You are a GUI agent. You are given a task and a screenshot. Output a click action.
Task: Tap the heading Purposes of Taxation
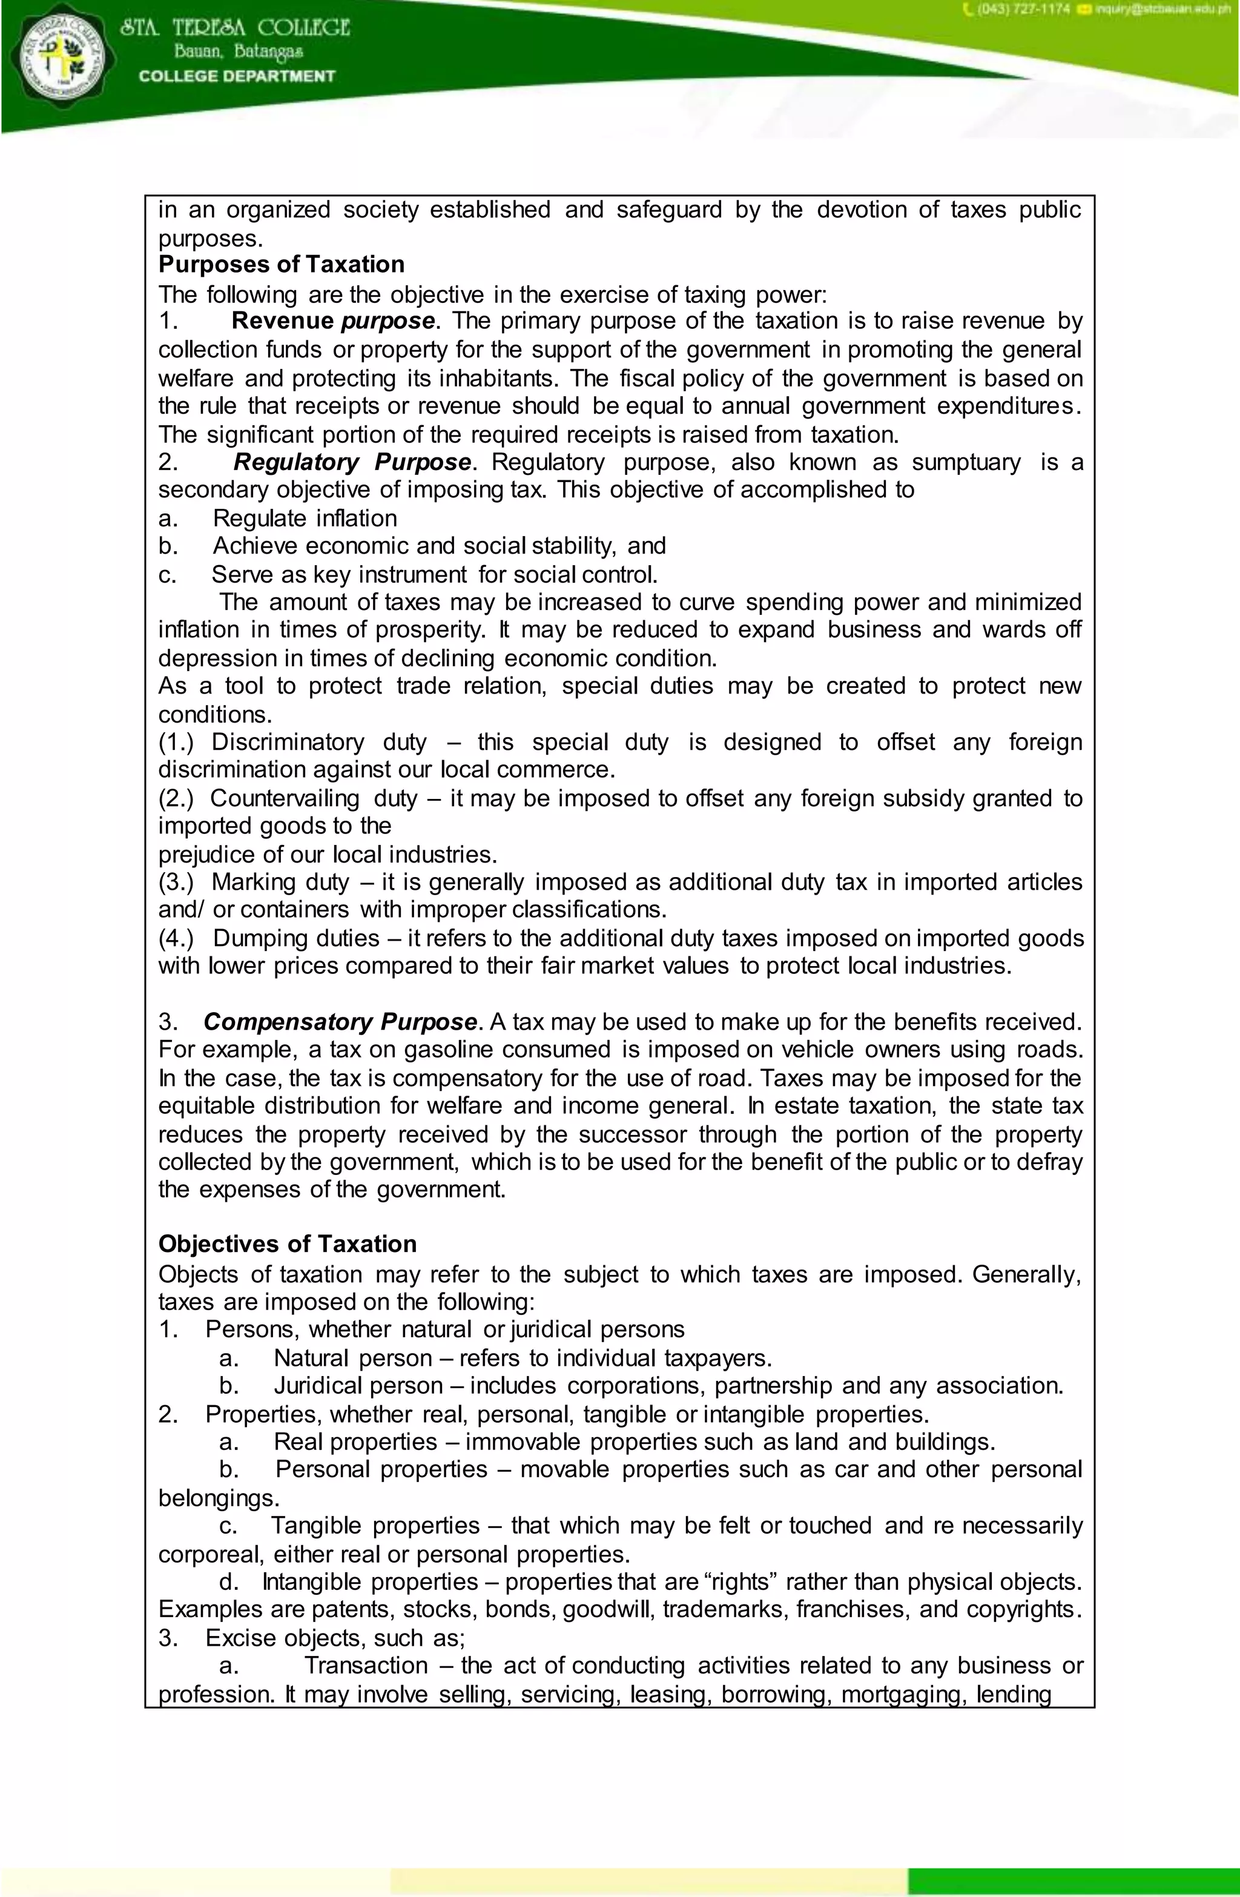[x=282, y=265]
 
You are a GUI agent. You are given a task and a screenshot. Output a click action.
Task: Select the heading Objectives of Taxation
[x=288, y=1244]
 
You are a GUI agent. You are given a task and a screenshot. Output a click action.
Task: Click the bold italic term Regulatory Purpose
[x=352, y=462]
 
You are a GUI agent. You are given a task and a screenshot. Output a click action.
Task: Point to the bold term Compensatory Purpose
[x=340, y=1022]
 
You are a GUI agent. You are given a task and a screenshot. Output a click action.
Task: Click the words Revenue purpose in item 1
[x=333, y=321]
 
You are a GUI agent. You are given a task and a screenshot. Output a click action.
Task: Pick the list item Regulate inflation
[x=305, y=519]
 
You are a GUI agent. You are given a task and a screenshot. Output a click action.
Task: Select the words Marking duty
[x=280, y=882]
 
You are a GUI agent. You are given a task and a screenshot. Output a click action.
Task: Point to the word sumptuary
[x=965, y=462]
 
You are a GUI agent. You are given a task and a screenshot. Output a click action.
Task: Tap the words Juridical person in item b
[x=358, y=1385]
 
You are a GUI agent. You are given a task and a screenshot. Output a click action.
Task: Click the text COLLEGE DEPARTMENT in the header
[x=237, y=76]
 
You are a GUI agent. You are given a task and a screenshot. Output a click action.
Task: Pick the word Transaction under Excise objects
[x=366, y=1665]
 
